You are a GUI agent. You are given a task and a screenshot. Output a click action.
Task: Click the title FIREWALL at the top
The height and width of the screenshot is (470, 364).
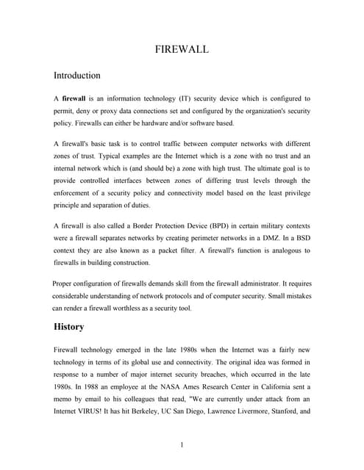[182, 49]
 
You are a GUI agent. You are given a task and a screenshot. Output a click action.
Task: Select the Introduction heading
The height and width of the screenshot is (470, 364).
[77, 75]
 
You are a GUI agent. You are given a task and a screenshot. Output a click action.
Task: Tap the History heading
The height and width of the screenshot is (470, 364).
[68, 326]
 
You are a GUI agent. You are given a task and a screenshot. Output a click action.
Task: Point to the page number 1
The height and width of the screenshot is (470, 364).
[182, 444]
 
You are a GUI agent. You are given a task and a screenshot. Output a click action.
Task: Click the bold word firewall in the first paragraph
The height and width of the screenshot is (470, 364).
[74, 98]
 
